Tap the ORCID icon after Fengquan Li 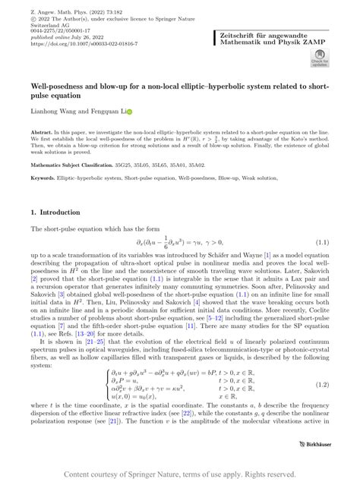(x=129, y=112)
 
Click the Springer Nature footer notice (x=180, y=474)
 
